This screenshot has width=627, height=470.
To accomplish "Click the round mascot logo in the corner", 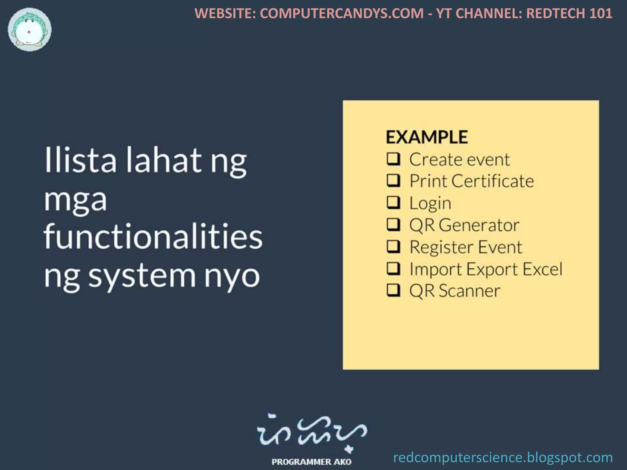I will point(30,30).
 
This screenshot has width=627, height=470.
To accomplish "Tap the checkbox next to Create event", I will point(393,159).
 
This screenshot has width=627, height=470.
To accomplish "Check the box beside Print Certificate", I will point(393,181).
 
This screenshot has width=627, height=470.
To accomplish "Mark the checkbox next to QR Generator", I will point(393,224).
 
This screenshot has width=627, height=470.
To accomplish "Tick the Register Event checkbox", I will point(393,246).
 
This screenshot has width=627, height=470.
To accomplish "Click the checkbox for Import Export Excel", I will point(393,268).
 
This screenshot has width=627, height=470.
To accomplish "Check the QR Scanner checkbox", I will point(393,290).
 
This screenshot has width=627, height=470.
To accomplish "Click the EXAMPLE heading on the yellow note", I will point(426,137).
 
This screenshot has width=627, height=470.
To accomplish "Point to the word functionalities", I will point(153,237).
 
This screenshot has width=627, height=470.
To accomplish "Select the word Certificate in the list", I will point(493,181).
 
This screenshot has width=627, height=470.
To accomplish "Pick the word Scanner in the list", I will point(469,291).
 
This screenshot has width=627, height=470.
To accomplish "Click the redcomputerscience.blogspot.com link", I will point(503,458).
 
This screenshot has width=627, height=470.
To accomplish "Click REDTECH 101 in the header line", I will point(569,13).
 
